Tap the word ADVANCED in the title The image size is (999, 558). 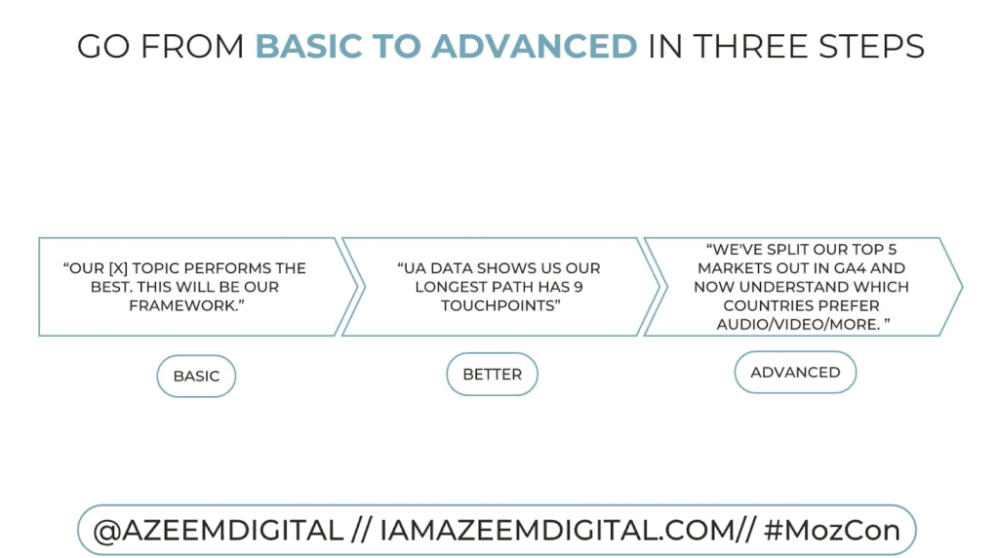click(534, 47)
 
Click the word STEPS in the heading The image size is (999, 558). click(871, 47)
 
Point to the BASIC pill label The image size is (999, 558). click(196, 377)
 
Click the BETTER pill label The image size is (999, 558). click(492, 374)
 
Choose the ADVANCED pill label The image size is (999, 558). click(795, 372)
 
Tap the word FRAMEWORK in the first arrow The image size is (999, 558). click(182, 305)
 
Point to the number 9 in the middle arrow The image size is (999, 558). click(578, 287)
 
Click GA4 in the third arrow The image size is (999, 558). click(846, 268)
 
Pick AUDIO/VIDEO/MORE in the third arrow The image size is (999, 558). click(798, 324)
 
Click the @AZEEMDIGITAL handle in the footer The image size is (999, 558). click(218, 531)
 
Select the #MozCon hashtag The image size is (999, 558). click(831, 531)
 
